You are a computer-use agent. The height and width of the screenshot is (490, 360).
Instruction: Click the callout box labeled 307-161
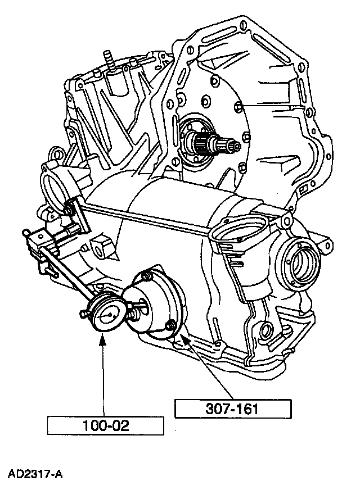(233, 409)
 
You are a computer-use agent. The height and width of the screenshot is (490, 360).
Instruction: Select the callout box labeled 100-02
(105, 425)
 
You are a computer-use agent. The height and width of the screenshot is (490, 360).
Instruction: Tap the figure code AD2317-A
(35, 474)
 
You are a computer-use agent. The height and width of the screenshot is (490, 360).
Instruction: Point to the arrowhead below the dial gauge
(102, 339)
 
